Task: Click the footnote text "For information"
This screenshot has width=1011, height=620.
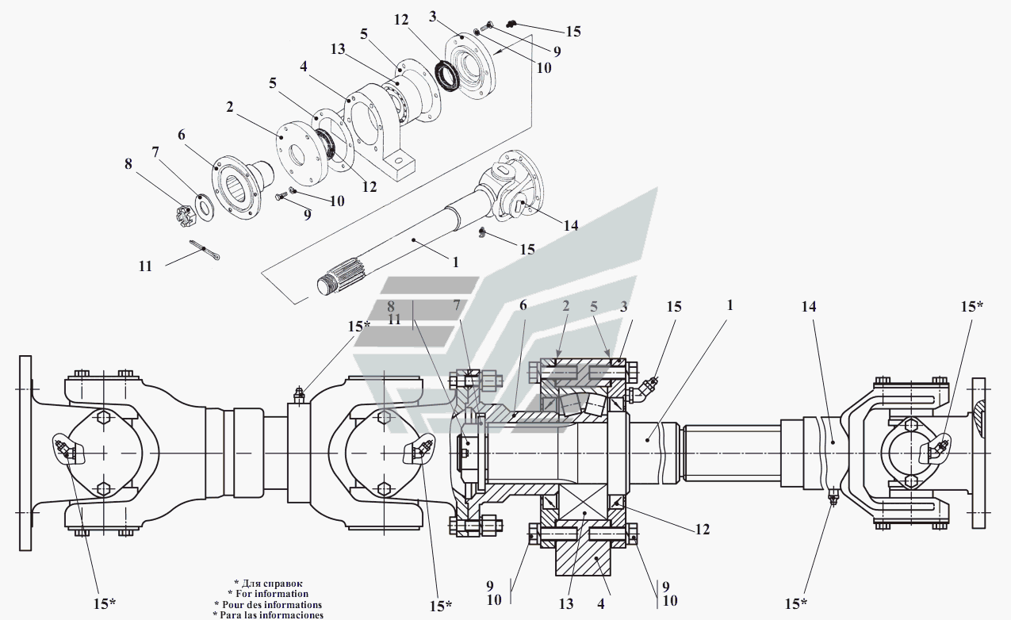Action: point(268,594)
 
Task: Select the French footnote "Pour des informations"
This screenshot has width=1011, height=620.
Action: point(268,604)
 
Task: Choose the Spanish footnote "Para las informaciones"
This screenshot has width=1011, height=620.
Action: point(268,614)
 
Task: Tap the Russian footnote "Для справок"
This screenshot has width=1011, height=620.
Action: point(268,584)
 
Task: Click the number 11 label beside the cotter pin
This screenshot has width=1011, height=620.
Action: point(144,266)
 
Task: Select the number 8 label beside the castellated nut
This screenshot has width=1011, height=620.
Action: point(128,165)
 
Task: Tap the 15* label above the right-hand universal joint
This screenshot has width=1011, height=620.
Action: point(971,306)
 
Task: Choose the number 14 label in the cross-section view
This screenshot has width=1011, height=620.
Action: point(809,306)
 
